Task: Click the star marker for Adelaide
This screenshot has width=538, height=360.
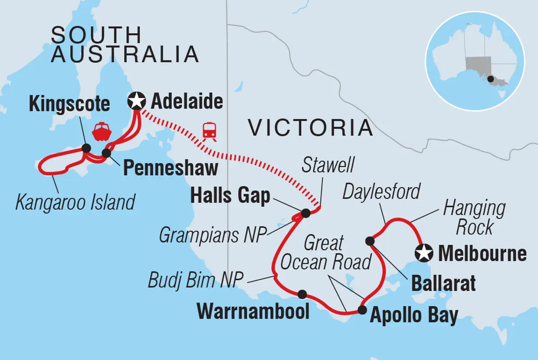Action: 137,102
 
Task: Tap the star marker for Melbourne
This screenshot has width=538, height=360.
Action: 423,253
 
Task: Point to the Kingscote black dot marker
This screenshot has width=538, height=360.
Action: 86,149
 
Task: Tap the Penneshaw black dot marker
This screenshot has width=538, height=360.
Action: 106,153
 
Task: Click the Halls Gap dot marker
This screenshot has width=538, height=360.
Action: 305,213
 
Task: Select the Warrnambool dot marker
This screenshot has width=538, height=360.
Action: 302,294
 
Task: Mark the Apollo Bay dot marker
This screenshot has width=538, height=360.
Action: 362,310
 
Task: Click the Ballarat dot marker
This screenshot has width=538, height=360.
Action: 370,241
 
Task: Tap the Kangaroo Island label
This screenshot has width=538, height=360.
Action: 75,202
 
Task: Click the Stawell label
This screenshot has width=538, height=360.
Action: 329,165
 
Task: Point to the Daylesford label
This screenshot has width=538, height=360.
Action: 381,192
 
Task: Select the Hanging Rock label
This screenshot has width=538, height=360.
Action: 474,218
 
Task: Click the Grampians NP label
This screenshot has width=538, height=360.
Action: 212,235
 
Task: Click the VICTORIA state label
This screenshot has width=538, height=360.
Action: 310,128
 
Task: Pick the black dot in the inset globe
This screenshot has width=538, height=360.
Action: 490,79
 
